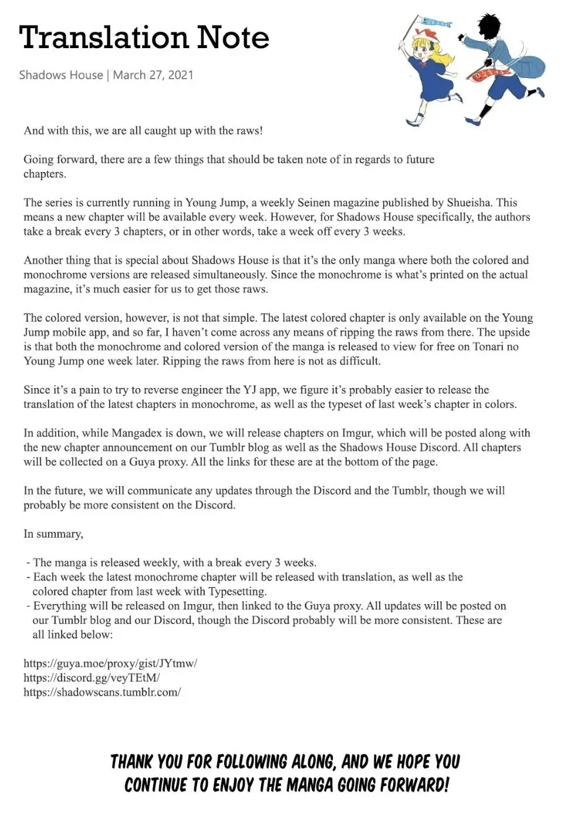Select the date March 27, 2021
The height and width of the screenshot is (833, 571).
point(153,75)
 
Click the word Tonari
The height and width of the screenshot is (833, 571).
point(481,347)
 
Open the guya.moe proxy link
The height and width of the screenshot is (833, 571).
point(110,663)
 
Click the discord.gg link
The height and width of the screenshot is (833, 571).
point(92,678)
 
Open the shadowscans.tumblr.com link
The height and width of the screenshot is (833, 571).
point(102,692)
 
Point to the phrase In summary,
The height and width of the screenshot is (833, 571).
point(53,534)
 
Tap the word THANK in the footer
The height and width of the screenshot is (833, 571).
point(131,762)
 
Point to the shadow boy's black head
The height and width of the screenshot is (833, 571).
point(490,29)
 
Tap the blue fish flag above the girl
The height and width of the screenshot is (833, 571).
point(435,23)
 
